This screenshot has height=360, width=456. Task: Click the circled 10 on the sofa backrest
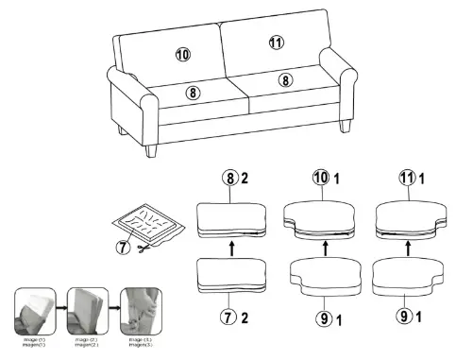(182, 54)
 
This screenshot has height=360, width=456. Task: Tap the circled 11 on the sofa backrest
(276, 43)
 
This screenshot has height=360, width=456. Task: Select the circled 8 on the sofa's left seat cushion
(193, 92)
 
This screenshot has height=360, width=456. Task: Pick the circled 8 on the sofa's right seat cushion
(283, 81)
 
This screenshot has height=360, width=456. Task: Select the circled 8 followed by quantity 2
(228, 178)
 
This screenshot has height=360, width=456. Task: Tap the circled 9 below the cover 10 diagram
(322, 318)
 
